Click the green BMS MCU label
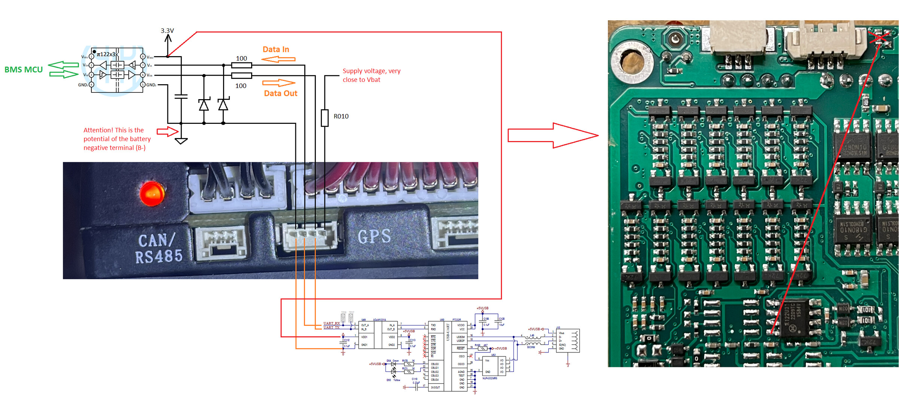[x=24, y=70]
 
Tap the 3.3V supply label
[x=167, y=31]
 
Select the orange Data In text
[x=276, y=49]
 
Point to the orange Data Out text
[x=280, y=94]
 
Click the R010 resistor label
[x=341, y=116]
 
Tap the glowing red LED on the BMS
[x=152, y=193]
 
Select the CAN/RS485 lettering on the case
[x=159, y=248]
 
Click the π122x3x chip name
[x=107, y=54]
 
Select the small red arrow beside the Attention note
[x=167, y=131]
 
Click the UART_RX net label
[x=332, y=323]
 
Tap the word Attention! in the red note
[x=98, y=130]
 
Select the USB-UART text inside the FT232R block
[x=448, y=332]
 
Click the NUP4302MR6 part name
[x=490, y=378]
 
